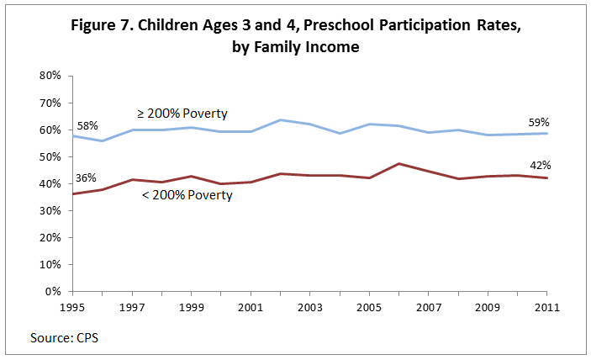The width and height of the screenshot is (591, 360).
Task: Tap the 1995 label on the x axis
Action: [x=73, y=307]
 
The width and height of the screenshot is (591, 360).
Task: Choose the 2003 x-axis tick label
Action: [x=311, y=307]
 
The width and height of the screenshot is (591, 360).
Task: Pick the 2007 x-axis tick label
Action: [x=430, y=307]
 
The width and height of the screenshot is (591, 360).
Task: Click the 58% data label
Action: [x=87, y=125]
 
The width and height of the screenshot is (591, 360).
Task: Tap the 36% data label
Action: [x=87, y=178]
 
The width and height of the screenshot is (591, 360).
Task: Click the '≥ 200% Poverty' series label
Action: [x=183, y=114]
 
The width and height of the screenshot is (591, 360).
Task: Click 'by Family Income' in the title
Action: [x=296, y=47]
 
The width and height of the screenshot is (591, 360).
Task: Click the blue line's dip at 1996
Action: [x=103, y=140]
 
